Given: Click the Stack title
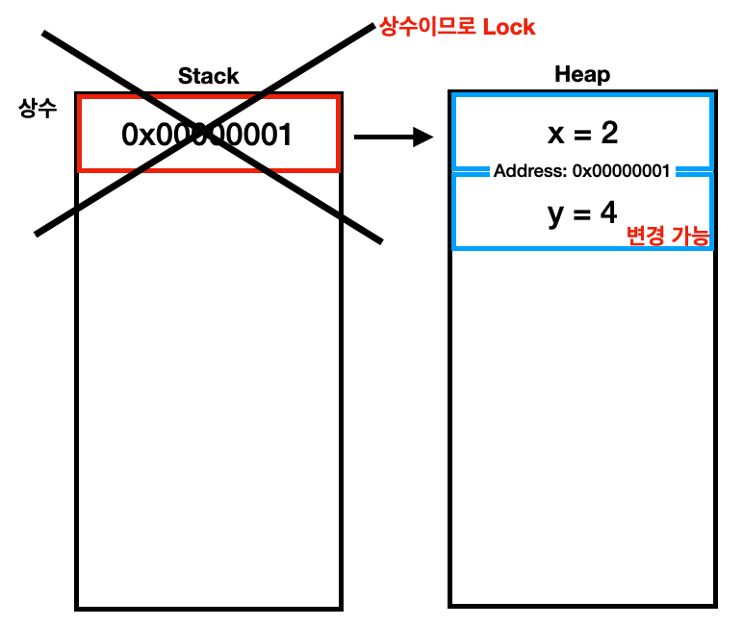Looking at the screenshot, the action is point(208,77).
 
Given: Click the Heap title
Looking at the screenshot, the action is point(582,75).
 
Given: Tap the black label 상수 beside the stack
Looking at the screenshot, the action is point(38,108).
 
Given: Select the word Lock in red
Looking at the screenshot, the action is point(508,27).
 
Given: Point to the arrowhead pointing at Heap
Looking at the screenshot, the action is point(423,138).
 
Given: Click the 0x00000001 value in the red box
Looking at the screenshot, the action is point(206,136).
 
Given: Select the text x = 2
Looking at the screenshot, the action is point(582,133).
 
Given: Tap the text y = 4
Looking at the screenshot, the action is point(582,213).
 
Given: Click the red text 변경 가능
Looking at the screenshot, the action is point(667,237).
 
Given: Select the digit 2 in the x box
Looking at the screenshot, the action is point(609,133).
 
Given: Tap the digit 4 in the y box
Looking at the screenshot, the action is point(608,213).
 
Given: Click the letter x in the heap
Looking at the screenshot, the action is point(555,134).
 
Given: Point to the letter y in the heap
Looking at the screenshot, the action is point(555,214).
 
